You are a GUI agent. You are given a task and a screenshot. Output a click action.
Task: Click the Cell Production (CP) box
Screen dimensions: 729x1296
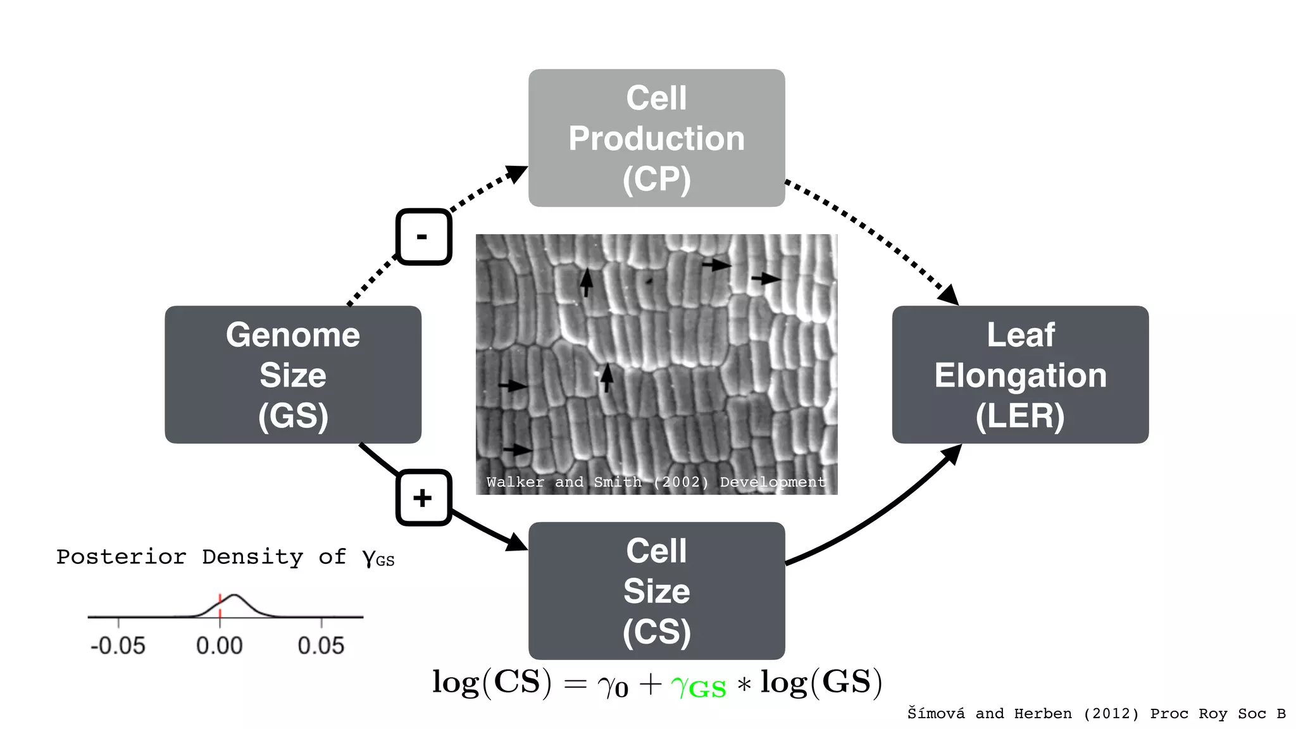click(656, 138)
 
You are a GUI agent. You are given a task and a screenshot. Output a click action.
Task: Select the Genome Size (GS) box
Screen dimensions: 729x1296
click(293, 375)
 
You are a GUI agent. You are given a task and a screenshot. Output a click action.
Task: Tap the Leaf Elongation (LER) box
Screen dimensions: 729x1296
click(1020, 375)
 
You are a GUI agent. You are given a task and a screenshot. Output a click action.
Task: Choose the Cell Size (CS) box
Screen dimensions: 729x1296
click(656, 590)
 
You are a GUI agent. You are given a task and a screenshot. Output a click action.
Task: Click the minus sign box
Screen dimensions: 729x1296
click(423, 237)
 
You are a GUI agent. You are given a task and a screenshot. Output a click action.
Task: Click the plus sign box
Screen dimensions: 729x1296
click(423, 497)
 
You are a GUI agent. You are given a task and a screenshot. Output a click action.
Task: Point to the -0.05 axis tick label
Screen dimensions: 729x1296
click(118, 645)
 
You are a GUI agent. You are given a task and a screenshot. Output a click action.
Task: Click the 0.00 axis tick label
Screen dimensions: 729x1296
click(219, 645)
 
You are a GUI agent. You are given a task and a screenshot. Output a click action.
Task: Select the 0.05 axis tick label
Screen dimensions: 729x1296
click(321, 645)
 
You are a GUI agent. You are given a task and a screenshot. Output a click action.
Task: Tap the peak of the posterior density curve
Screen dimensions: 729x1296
click(234, 595)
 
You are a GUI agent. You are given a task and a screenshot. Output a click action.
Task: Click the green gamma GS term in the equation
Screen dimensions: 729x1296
click(699, 685)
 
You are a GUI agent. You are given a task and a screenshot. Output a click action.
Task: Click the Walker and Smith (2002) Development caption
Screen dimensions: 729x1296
click(656, 482)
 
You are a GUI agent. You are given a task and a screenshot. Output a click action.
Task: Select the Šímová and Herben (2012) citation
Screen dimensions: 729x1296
click(1096, 714)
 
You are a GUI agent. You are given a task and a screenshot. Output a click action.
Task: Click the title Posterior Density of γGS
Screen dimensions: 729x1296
click(225, 558)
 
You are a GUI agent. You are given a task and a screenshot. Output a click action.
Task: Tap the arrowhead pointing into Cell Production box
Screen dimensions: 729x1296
click(518, 173)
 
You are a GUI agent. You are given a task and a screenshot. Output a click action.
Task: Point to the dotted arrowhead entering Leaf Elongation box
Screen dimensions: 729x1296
click(949, 295)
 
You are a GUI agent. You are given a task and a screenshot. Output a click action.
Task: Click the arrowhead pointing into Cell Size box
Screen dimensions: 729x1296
click(517, 543)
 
